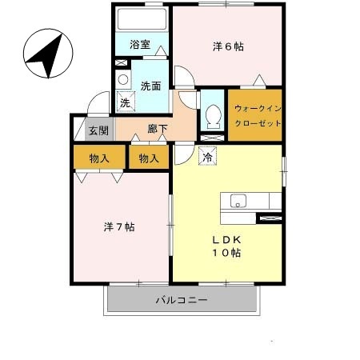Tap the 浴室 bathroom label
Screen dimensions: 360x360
click(x=141, y=45)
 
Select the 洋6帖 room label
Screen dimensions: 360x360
click(x=229, y=46)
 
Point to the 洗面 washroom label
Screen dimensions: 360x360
click(x=151, y=85)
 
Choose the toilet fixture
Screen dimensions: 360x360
click(x=213, y=117)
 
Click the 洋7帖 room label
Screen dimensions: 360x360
click(x=118, y=227)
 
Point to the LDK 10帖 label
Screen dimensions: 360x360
click(x=226, y=246)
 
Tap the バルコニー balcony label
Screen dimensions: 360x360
click(x=182, y=301)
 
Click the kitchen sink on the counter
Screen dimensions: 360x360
click(x=238, y=201)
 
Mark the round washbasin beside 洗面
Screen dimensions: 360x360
click(x=123, y=80)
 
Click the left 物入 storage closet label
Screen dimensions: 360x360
click(x=99, y=158)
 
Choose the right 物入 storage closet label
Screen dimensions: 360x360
click(x=149, y=158)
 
